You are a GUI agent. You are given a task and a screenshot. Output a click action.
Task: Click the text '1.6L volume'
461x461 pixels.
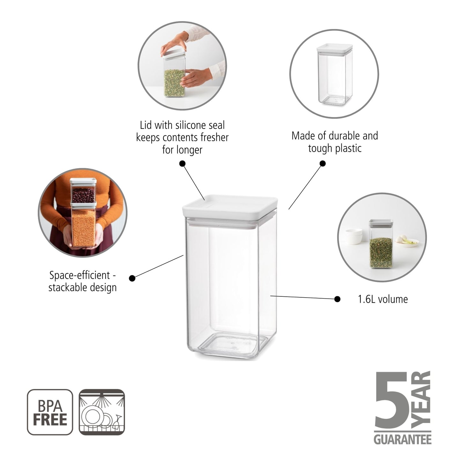pyautogui.click(x=383, y=299)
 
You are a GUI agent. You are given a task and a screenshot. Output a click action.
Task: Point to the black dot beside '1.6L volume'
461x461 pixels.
pyautogui.click(x=337, y=299)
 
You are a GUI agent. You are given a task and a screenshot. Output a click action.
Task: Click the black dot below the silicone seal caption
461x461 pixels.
pyautogui.click(x=182, y=164)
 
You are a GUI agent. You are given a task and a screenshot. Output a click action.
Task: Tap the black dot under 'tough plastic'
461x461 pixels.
pyautogui.click(x=323, y=164)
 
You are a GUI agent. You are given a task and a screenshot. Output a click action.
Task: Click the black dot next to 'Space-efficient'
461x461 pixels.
pyautogui.click(x=132, y=278)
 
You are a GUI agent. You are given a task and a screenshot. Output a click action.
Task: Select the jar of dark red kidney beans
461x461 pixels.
pyautogui.click(x=83, y=191)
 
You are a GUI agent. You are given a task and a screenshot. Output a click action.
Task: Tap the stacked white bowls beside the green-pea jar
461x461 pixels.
pyautogui.click(x=354, y=236)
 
